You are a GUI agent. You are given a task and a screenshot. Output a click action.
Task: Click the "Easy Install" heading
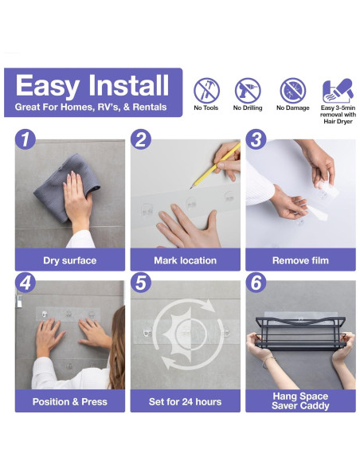tap(92, 85)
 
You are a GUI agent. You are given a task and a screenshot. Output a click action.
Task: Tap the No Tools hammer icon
tap(207, 91)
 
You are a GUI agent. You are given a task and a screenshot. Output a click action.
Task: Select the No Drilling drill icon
tap(248, 91)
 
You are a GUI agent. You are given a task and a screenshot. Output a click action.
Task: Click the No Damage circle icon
tap(292, 91)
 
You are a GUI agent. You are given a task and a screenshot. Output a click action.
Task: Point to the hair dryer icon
tap(338, 90)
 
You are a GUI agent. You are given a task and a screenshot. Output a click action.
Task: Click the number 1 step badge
tap(25, 139)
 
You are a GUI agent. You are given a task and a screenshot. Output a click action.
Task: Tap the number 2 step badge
tap(140, 139)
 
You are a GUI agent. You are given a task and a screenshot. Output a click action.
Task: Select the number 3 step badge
tap(256, 139)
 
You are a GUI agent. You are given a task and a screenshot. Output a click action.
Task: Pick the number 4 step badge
tap(25, 283)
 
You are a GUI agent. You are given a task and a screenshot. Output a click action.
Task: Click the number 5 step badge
tap(140, 283)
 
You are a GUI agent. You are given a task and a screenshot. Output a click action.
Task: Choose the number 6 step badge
tap(256, 283)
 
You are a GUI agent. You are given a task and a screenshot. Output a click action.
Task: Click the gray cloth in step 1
tap(66, 187)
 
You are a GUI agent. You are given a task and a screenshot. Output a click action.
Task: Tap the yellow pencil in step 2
tap(215, 166)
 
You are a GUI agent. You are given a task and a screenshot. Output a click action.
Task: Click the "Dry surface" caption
tap(70, 260)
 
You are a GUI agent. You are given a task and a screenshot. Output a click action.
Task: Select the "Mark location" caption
tap(186, 260)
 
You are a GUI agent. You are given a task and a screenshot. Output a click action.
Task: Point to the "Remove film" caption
tap(300, 260)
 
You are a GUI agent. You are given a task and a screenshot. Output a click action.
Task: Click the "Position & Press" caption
tap(70, 401)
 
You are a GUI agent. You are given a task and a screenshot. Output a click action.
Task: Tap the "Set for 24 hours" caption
tap(186, 401)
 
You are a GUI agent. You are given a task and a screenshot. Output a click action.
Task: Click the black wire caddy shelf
tap(301, 333)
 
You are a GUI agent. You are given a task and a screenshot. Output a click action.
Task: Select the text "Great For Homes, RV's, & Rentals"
tap(91, 107)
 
